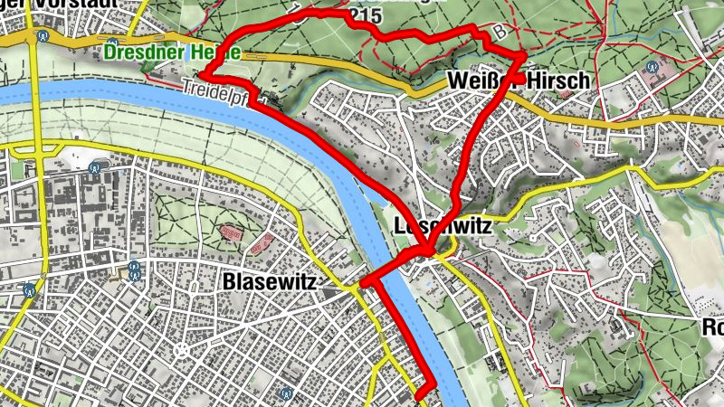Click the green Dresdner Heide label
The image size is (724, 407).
tap(172, 52)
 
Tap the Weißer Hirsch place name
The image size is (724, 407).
tap(519, 81)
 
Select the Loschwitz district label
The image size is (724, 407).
tap(443, 227)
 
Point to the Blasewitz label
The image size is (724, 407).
tap(269, 283)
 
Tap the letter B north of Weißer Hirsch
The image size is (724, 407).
tap(500, 33)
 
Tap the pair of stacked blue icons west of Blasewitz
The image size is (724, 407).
tap(134, 270)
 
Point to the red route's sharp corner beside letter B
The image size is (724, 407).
tap(522, 58)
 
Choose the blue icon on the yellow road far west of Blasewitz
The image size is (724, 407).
tap(30, 290)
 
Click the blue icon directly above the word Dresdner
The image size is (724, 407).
tap(111, 43)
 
